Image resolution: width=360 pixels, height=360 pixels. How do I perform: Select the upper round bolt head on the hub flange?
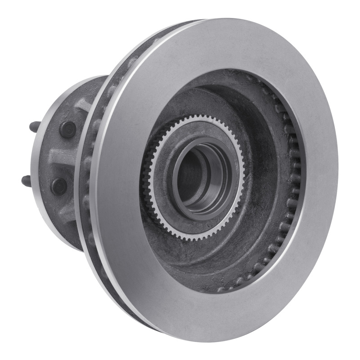coord(68,130)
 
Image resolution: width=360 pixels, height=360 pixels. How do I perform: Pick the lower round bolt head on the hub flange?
coord(59,186)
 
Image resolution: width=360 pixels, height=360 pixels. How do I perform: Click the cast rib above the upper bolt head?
coord(83,106)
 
